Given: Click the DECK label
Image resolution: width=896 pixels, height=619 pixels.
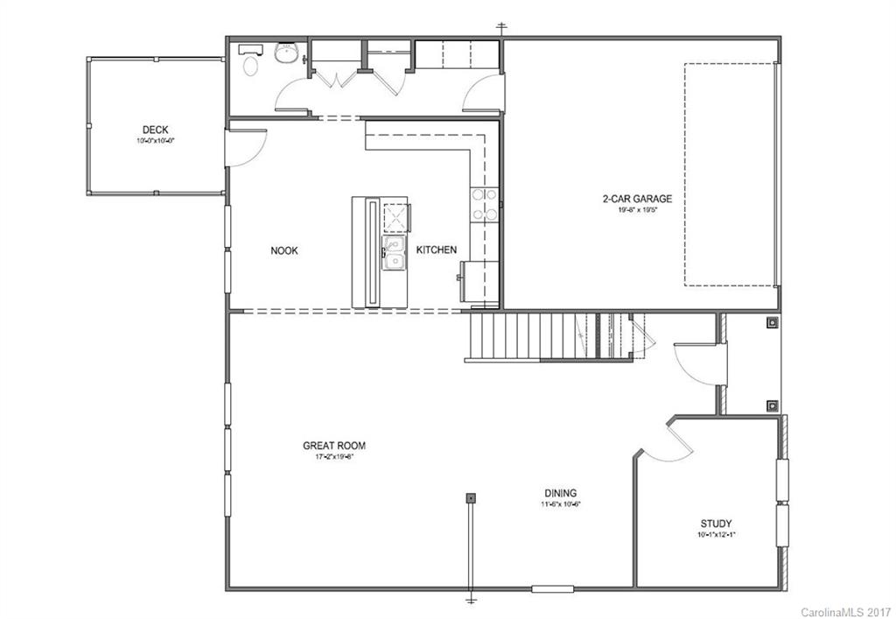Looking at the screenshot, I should click(156, 130).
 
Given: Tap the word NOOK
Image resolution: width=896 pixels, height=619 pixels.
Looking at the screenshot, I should click(283, 250).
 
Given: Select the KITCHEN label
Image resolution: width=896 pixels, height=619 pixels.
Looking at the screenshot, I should click(436, 250).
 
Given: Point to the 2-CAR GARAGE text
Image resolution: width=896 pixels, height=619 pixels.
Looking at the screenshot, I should click(636, 199).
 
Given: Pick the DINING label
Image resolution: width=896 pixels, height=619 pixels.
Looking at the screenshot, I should click(560, 493).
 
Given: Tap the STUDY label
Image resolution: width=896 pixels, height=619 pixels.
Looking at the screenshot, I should click(715, 524).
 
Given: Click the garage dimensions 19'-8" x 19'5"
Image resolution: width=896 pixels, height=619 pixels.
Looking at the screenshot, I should click(636, 210).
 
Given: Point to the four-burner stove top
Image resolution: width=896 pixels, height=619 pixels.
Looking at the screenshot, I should click(484, 204).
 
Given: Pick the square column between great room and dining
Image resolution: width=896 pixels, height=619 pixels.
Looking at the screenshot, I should click(471, 497).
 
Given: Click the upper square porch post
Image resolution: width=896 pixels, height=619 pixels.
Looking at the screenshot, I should click(772, 323).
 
